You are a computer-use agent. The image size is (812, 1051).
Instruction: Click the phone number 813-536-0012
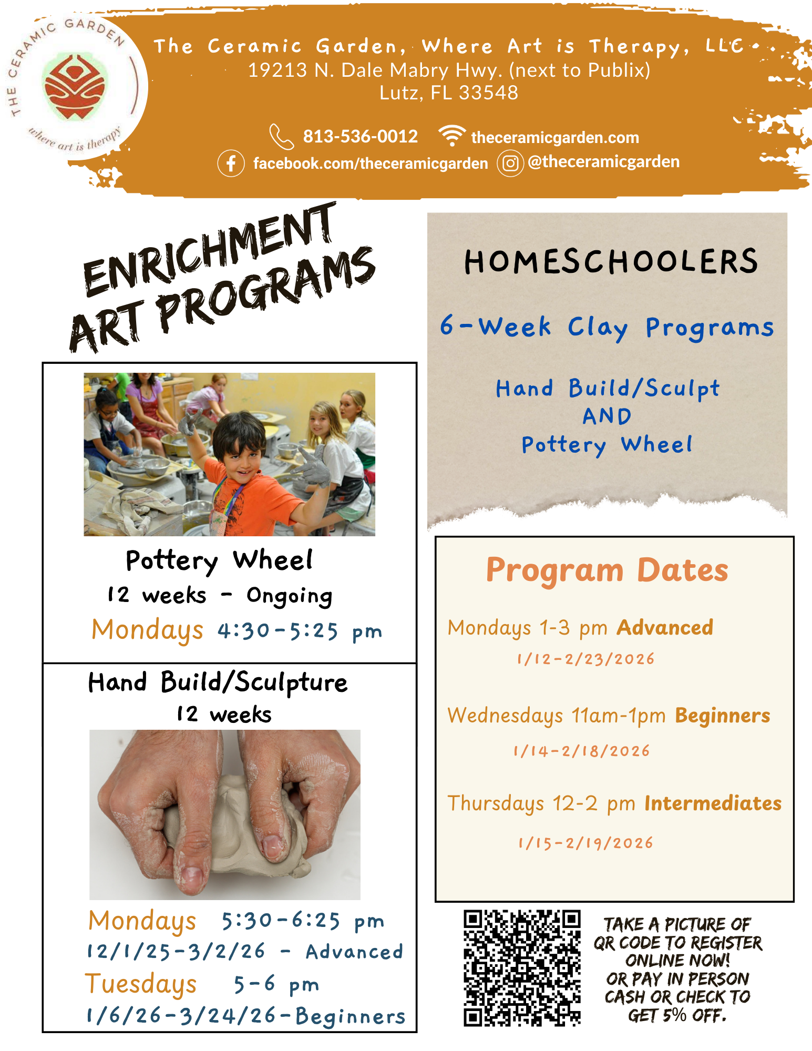(360, 137)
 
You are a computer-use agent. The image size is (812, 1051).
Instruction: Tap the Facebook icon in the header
(231, 164)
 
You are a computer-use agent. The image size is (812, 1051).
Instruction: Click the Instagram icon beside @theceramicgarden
(510, 164)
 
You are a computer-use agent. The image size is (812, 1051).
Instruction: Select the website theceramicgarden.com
(554, 138)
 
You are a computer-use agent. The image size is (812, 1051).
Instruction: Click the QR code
(522, 968)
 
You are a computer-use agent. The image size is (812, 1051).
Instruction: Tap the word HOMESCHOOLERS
(611, 262)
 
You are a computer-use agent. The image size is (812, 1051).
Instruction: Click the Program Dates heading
(607, 570)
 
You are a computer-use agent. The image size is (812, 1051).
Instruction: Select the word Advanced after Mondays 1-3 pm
(665, 628)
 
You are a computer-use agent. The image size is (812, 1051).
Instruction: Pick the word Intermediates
(713, 803)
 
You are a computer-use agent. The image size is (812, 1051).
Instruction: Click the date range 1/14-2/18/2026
(581, 751)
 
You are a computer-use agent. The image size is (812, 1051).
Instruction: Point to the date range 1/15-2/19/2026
(585, 843)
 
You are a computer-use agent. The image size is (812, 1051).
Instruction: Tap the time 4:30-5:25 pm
(300, 631)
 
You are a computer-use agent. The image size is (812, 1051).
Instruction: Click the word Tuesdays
(141, 984)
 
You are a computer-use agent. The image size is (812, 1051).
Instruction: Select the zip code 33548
(488, 93)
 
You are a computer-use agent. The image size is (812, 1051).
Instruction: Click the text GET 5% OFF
(677, 1015)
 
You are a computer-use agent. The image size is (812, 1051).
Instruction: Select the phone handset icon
(281, 137)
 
